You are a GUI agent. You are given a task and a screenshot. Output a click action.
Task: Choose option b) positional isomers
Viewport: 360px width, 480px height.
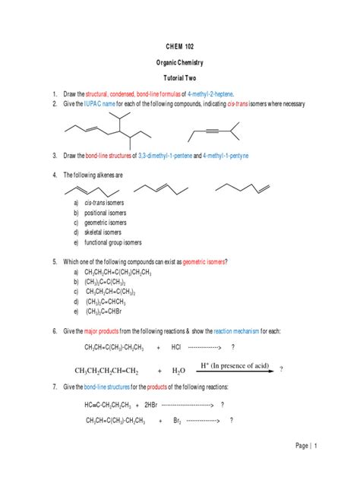[x=105, y=213]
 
